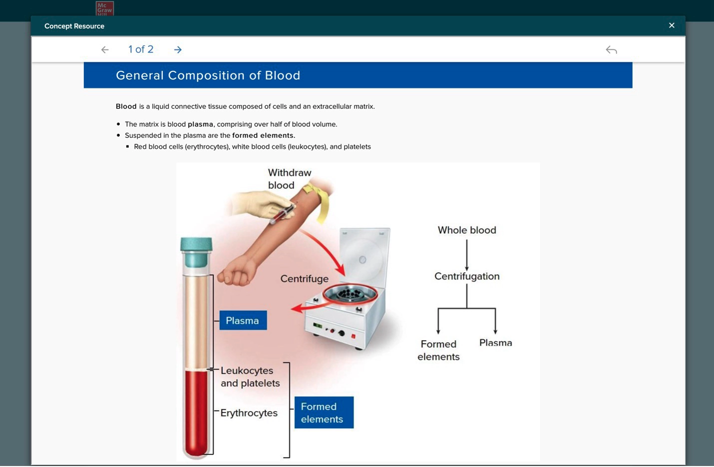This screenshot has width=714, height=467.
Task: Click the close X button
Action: pyautogui.click(x=672, y=25)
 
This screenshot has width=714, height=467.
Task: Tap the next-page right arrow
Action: pyautogui.click(x=178, y=49)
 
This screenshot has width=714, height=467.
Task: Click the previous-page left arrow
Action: pyautogui.click(x=105, y=49)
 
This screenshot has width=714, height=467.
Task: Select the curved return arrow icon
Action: pyautogui.click(x=611, y=49)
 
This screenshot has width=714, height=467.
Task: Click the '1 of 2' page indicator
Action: pyautogui.click(x=141, y=49)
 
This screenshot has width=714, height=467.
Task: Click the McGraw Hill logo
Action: pyautogui.click(x=104, y=8)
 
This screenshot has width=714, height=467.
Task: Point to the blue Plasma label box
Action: pyautogui.click(x=243, y=321)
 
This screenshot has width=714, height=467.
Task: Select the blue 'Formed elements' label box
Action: pyautogui.click(x=324, y=413)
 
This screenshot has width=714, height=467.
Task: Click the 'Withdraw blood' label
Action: pyautogui.click(x=289, y=179)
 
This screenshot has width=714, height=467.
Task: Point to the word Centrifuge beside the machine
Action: pyautogui.click(x=304, y=279)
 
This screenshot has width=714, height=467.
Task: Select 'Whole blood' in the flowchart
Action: pyautogui.click(x=467, y=230)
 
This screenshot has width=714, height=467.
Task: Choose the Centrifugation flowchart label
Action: pyautogui.click(x=467, y=276)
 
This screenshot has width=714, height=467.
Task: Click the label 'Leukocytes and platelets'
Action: pyautogui.click(x=250, y=377)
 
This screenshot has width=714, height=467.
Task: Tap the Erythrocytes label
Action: pyautogui.click(x=249, y=413)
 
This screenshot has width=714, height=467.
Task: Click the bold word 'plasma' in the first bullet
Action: pyautogui.click(x=200, y=124)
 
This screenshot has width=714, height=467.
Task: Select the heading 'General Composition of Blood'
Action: pyautogui.click(x=208, y=75)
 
